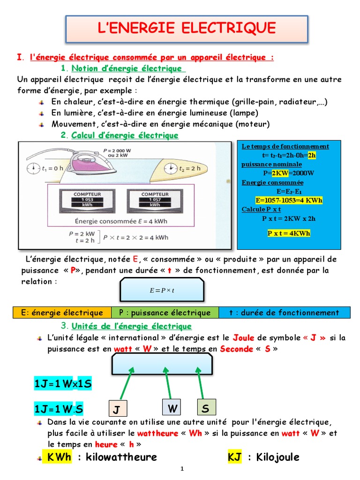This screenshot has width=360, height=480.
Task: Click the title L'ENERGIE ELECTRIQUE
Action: [186, 28]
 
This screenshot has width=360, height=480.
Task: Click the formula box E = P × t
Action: [162, 289]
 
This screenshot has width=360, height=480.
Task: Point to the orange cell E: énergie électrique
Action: [62, 313]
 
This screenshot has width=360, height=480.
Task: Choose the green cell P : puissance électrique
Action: [165, 313]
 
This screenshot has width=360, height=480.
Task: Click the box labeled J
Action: [115, 410]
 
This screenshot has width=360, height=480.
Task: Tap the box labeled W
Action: [173, 409]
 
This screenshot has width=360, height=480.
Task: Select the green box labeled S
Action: [205, 409]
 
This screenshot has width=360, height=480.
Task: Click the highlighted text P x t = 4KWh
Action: [289, 233]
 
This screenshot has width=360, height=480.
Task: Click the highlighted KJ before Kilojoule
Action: [234, 457]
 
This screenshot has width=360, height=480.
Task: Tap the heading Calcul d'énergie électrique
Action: [125, 135]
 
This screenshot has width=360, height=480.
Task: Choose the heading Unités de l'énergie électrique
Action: [131, 326]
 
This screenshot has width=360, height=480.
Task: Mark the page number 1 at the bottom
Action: [182, 469]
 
